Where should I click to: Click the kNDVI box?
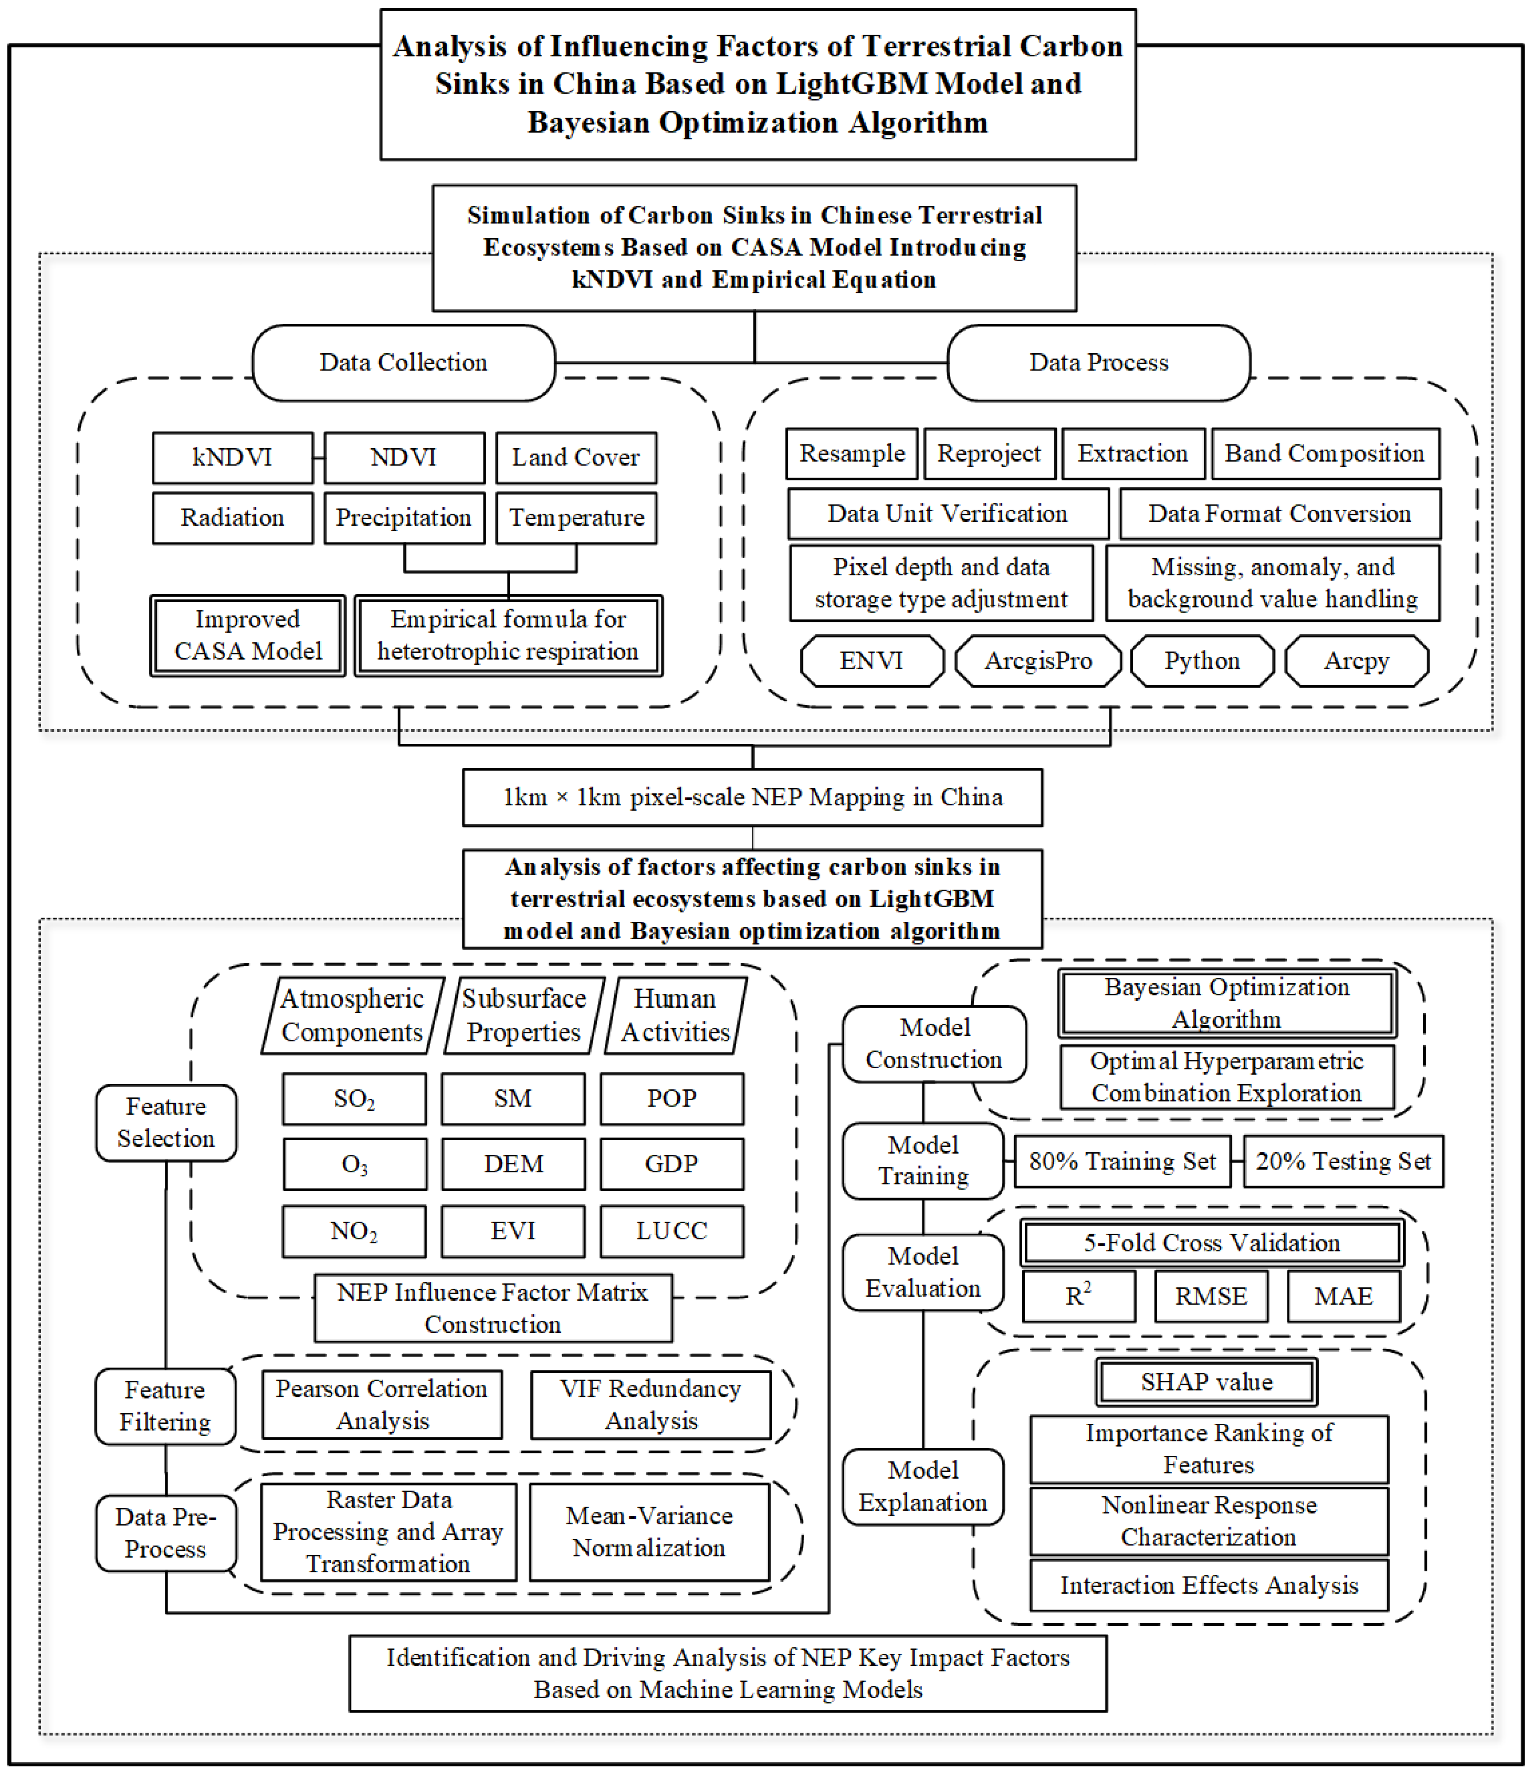pos(232,458)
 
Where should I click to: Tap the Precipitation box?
pos(404,518)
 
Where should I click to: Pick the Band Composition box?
pos(1324,453)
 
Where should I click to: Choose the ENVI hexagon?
pos(871,660)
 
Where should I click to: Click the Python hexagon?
pos(1202,660)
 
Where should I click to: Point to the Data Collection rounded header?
pos(404,362)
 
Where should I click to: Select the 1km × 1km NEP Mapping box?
pos(752,797)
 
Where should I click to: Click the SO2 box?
pos(354,1098)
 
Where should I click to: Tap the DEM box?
pos(513,1163)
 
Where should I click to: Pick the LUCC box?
pos(672,1231)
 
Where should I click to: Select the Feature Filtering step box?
pos(165,1406)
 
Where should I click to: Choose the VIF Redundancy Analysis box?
pos(650,1405)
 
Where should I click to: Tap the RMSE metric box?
pos(1210,1296)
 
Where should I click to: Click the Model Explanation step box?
pos(923,1486)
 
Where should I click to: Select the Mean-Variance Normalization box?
pos(649,1532)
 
